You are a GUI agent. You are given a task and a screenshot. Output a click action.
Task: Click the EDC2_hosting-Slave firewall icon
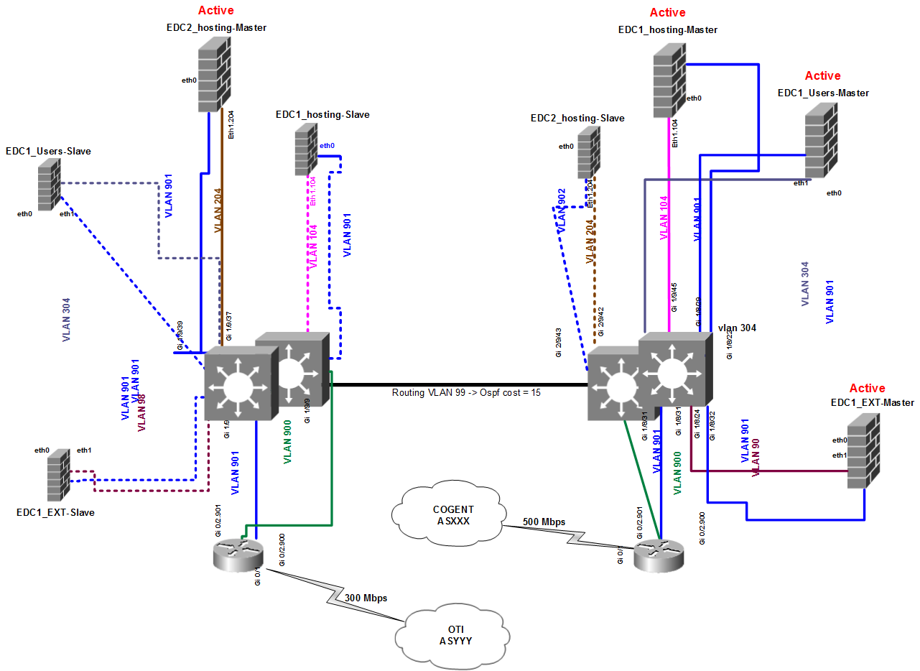(x=590, y=152)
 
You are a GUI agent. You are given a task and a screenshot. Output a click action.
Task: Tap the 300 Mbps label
(x=366, y=598)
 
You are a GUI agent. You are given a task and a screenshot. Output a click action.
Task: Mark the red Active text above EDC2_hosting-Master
(x=215, y=11)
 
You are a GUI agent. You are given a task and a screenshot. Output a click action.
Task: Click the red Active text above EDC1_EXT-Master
(x=867, y=388)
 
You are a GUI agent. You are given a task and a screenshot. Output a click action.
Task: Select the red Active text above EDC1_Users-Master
(x=822, y=75)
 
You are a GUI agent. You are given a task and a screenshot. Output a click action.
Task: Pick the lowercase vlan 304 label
(x=737, y=328)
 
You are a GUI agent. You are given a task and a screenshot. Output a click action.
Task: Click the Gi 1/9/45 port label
(x=674, y=297)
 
